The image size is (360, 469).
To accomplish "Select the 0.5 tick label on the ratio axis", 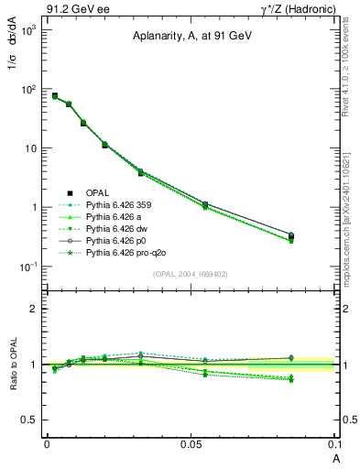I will click(x=30, y=420).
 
